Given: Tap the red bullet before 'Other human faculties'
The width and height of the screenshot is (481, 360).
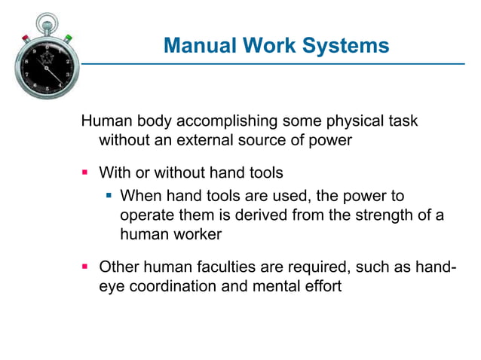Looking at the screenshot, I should tap(85, 266).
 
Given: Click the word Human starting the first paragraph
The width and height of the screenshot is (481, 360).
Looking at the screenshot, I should tap(103, 121).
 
